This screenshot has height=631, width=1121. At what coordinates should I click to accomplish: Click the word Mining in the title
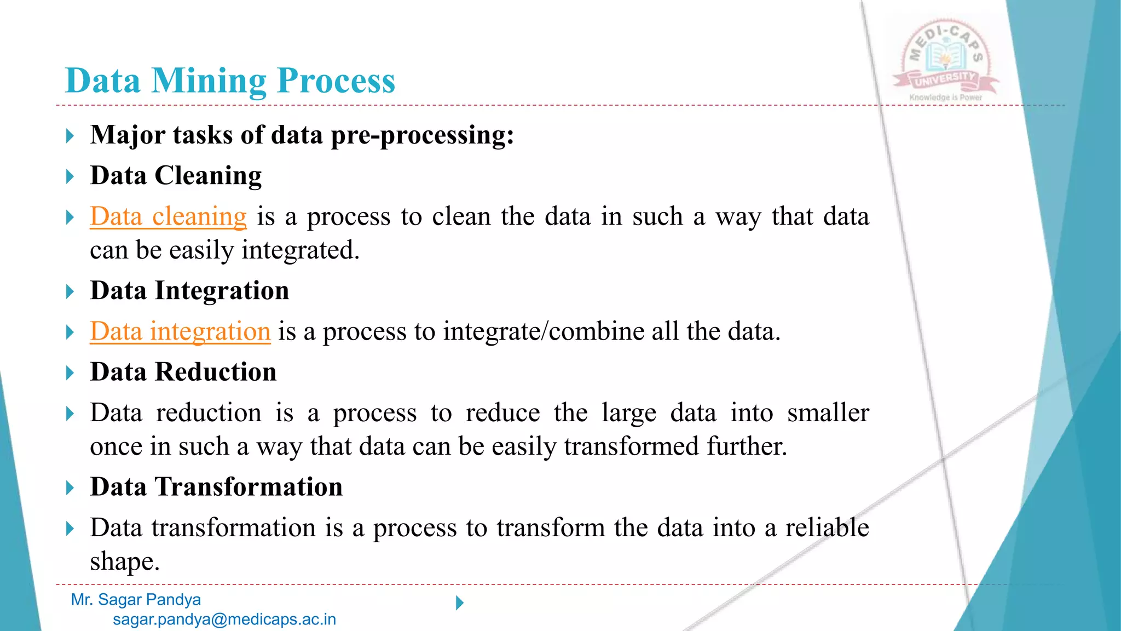coord(209,81)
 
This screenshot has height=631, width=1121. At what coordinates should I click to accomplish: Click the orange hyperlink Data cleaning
coord(168,216)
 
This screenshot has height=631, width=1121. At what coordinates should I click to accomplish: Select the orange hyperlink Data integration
coord(180,331)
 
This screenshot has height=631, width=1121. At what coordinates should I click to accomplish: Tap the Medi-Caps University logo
coord(946,58)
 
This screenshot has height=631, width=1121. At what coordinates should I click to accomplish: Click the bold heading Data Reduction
coord(183,372)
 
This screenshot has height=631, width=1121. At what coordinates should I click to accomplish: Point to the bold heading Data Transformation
coord(216,487)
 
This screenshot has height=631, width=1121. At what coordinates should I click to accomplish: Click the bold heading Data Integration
coord(189,291)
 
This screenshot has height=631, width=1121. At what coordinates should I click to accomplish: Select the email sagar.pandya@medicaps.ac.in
coord(224,619)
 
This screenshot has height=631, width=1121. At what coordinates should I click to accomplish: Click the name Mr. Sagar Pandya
coord(136,600)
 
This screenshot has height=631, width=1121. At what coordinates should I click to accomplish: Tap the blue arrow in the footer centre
coord(460,603)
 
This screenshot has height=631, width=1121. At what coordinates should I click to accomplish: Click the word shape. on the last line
coord(125,561)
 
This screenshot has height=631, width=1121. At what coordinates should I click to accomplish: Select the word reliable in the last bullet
coord(827,527)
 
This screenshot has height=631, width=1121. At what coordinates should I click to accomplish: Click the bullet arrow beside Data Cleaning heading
coord(70,176)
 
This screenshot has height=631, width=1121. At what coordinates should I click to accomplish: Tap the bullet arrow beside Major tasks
coord(70,136)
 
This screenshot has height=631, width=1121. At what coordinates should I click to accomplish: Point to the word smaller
coord(828,412)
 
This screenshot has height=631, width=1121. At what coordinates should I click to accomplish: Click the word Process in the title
coord(336,81)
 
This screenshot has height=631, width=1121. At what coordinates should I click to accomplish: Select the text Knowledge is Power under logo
coord(946,97)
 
